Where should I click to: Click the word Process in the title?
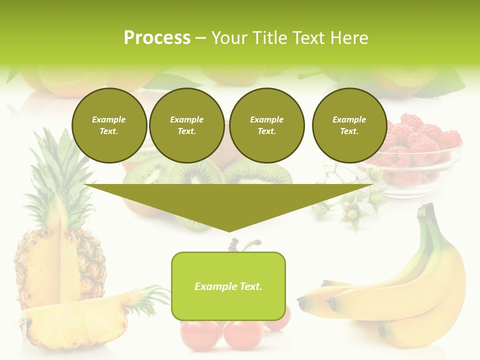[157, 38]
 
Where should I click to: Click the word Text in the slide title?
[307, 38]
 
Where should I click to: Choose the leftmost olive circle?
[109, 125]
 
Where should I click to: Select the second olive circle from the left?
[186, 125]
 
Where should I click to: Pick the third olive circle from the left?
[266, 125]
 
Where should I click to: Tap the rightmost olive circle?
[349, 125]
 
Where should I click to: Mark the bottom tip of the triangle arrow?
[229, 230]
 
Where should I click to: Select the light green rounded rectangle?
[228, 286]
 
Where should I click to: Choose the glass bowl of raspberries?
[417, 155]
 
